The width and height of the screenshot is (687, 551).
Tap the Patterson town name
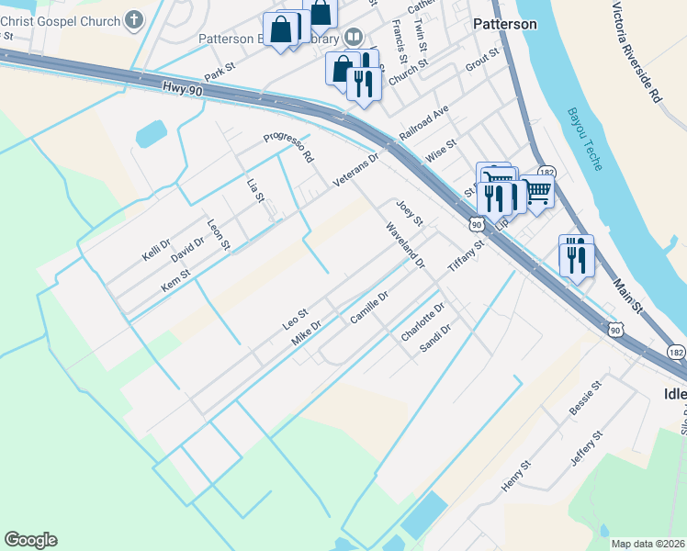(504, 25)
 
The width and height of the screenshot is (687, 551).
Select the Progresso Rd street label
(288, 145)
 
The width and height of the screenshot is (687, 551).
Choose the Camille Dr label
(370, 308)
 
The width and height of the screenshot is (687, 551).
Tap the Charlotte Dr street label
(422, 322)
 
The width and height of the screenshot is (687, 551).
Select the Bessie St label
(584, 397)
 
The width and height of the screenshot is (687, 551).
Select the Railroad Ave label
(423, 123)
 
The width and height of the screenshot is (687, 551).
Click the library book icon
(353, 38)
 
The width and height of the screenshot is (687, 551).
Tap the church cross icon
(134, 19)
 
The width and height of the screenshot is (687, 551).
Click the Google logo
(30, 540)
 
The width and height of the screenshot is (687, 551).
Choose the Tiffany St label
(467, 256)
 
